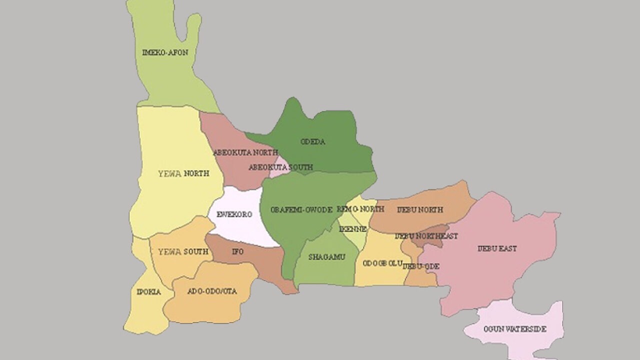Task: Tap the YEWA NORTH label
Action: [183, 173]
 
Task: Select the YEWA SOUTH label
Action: [183, 251]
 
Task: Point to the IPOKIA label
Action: [149, 292]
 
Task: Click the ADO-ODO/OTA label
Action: [212, 291]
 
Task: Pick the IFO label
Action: [238, 251]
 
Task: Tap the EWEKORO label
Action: [234, 214]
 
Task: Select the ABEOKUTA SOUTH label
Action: [280, 167]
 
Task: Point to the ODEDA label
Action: [313, 141]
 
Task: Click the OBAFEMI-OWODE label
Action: [301, 210]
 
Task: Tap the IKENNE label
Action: [353, 229]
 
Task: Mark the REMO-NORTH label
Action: [360, 208]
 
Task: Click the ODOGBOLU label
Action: [382, 263]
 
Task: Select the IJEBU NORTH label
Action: [419, 209]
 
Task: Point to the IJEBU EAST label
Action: [496, 248]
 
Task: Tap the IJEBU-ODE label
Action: [421, 266]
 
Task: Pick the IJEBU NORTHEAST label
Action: [426, 235]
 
